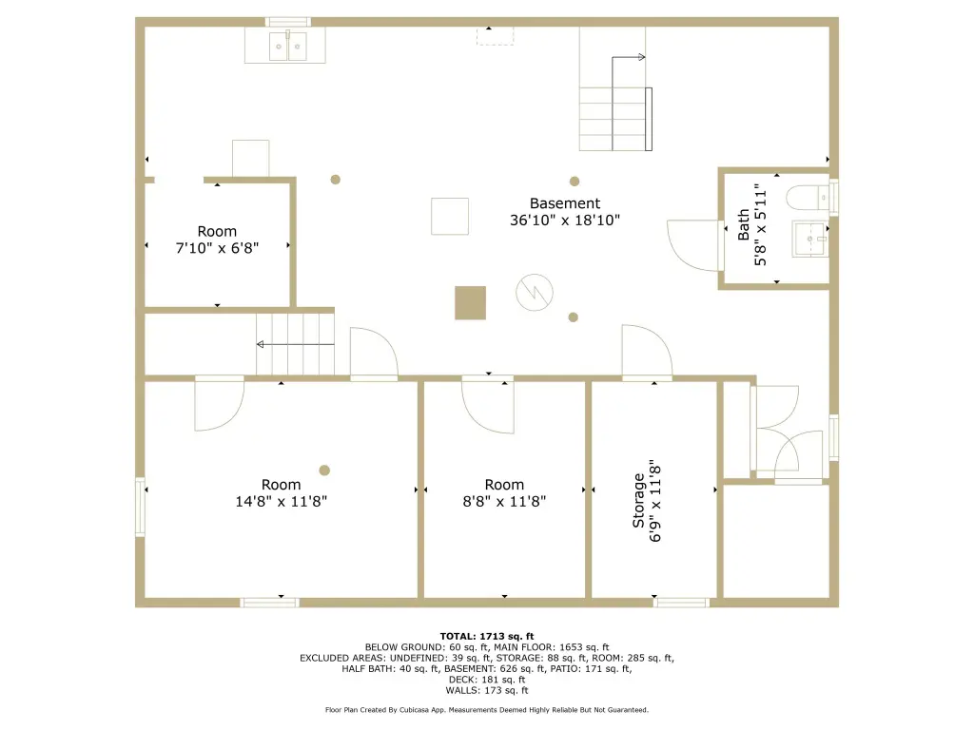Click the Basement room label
[x=565, y=203]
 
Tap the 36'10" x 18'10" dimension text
[x=565, y=220]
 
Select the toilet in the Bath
[x=807, y=198]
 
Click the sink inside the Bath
[x=810, y=239]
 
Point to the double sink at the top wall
[x=287, y=47]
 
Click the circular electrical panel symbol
[x=535, y=292]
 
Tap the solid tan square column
[x=470, y=303]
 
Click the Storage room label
[x=638, y=500]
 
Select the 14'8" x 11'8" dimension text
[x=281, y=502]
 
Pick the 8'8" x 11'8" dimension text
[x=504, y=502]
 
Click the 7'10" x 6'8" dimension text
[x=217, y=248]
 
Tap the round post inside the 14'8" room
[x=324, y=471]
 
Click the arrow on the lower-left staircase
[x=296, y=344]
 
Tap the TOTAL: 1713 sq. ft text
[x=487, y=636]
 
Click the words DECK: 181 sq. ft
[x=487, y=680]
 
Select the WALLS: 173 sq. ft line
[x=487, y=690]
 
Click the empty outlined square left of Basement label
[x=450, y=216]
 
